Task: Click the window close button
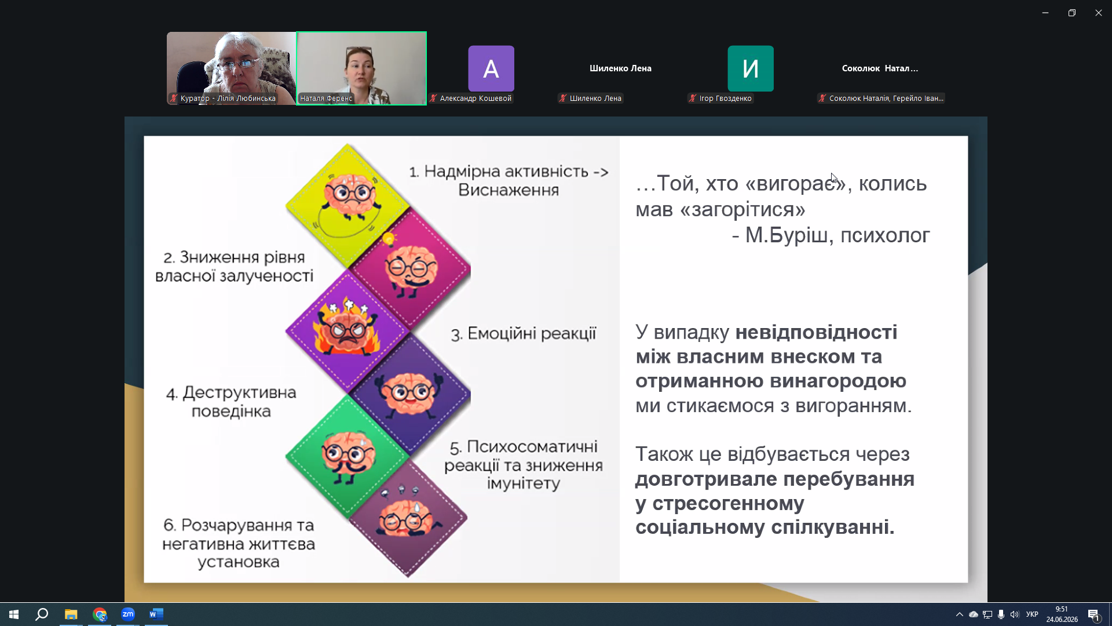[1098, 13]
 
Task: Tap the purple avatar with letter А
[491, 68]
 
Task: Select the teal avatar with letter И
[751, 68]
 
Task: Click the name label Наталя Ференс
[326, 99]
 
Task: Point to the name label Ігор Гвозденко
[725, 99]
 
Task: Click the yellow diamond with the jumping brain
[348, 206]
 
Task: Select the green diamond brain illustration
[348, 457]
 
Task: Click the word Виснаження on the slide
[509, 190]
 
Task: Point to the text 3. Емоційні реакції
[524, 334]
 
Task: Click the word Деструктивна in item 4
[239, 392]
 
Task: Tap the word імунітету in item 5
[524, 483]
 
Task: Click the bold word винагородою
[839, 381]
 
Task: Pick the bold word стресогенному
[728, 504]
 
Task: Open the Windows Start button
[14, 614]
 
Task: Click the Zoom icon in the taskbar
[128, 614]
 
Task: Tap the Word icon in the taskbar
[156, 614]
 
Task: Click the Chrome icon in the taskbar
[100, 614]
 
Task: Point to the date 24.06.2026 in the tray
[1062, 620]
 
